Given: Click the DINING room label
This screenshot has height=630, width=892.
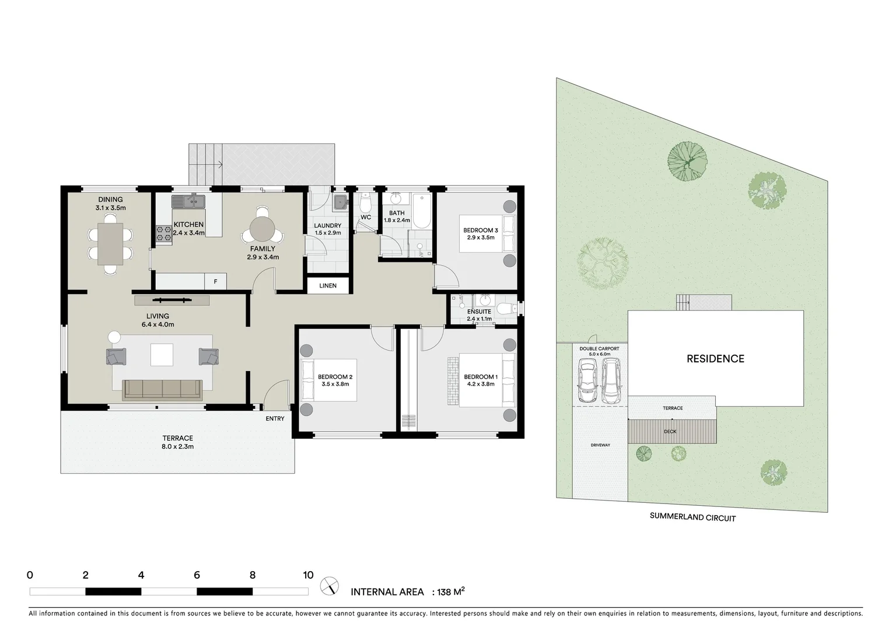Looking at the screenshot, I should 110,199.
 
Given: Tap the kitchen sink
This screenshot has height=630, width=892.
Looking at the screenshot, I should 188,202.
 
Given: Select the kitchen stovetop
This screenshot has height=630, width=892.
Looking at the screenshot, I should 163,233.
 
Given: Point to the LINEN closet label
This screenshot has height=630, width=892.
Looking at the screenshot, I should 328,286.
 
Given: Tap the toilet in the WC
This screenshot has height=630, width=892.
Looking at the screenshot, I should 366,204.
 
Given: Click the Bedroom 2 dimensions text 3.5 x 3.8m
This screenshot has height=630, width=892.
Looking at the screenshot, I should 335,384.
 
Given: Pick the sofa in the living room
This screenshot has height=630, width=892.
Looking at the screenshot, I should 162,389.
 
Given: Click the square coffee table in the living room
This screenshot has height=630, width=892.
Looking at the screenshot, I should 162,355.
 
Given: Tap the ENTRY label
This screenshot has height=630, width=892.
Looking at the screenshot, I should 275,418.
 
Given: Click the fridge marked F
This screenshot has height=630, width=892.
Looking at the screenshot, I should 215,282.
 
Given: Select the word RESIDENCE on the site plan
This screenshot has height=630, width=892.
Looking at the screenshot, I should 715,359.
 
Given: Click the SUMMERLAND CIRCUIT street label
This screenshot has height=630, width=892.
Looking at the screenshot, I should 692,517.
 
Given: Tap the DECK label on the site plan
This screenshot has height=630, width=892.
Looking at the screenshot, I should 670,432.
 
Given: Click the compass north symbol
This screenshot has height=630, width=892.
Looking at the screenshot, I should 330,585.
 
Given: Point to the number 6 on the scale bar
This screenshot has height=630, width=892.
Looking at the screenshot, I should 197,575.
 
